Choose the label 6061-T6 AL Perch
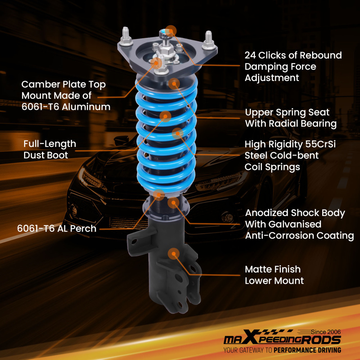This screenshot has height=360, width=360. point(57,229)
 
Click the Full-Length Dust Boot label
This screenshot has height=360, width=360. point(50,149)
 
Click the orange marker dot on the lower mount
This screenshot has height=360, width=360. point(174,253)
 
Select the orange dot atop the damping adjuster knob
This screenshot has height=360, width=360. point(171,31)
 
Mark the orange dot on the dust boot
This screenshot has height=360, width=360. point(165,116)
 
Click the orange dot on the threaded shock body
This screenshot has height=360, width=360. point(174,203)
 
